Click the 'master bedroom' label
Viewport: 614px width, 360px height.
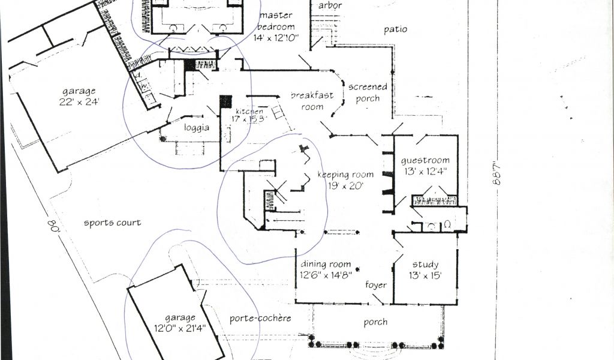click(276, 21)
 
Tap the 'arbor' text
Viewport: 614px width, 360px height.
click(330, 6)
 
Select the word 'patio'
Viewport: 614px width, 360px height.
click(395, 29)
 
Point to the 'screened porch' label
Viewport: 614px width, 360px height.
click(368, 92)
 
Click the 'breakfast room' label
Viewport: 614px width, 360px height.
click(312, 101)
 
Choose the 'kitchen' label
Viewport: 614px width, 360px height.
click(249, 112)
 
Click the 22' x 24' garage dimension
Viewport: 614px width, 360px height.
click(79, 102)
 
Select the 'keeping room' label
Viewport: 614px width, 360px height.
click(345, 175)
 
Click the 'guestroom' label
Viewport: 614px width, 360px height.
click(425, 161)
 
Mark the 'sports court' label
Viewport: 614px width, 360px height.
click(112, 223)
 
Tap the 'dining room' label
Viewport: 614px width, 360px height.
click(325, 264)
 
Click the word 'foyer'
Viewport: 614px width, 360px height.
click(376, 285)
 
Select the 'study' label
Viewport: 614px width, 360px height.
click(425, 265)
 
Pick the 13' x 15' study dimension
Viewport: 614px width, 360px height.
click(425, 275)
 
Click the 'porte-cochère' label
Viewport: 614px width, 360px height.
click(260, 318)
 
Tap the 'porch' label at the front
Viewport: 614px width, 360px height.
click(375, 322)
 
